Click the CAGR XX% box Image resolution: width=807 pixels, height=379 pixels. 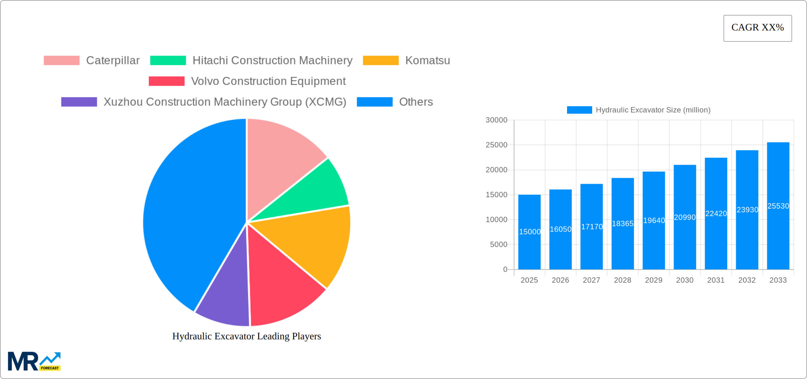(757, 28)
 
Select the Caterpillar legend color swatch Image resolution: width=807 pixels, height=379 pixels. (62, 61)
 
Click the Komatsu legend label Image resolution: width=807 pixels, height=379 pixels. (427, 61)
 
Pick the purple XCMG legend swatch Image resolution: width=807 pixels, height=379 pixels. (79, 102)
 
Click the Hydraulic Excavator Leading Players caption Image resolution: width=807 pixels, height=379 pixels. (247, 336)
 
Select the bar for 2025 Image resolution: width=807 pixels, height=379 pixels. (529, 248)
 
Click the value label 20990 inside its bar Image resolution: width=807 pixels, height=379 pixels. (685, 217)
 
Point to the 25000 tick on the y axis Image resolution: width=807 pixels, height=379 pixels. (496, 145)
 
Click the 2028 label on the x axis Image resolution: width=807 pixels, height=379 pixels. (622, 280)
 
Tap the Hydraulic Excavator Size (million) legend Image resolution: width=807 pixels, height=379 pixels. (639, 110)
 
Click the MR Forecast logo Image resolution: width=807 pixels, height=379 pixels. (34, 361)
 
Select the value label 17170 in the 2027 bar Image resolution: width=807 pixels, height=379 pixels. (591, 227)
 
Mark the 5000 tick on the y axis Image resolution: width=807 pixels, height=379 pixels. (498, 244)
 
